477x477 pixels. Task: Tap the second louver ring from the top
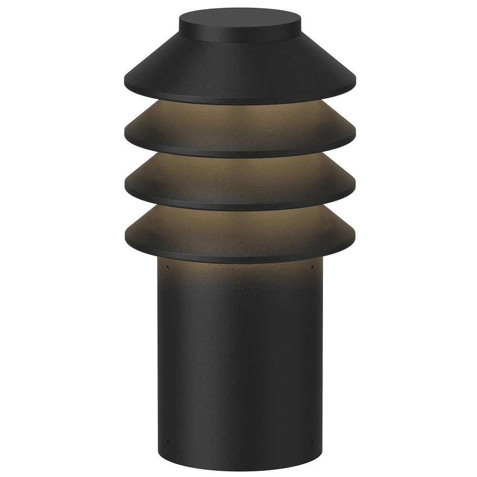[240, 129]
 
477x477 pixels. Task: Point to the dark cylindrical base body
[240, 363]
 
